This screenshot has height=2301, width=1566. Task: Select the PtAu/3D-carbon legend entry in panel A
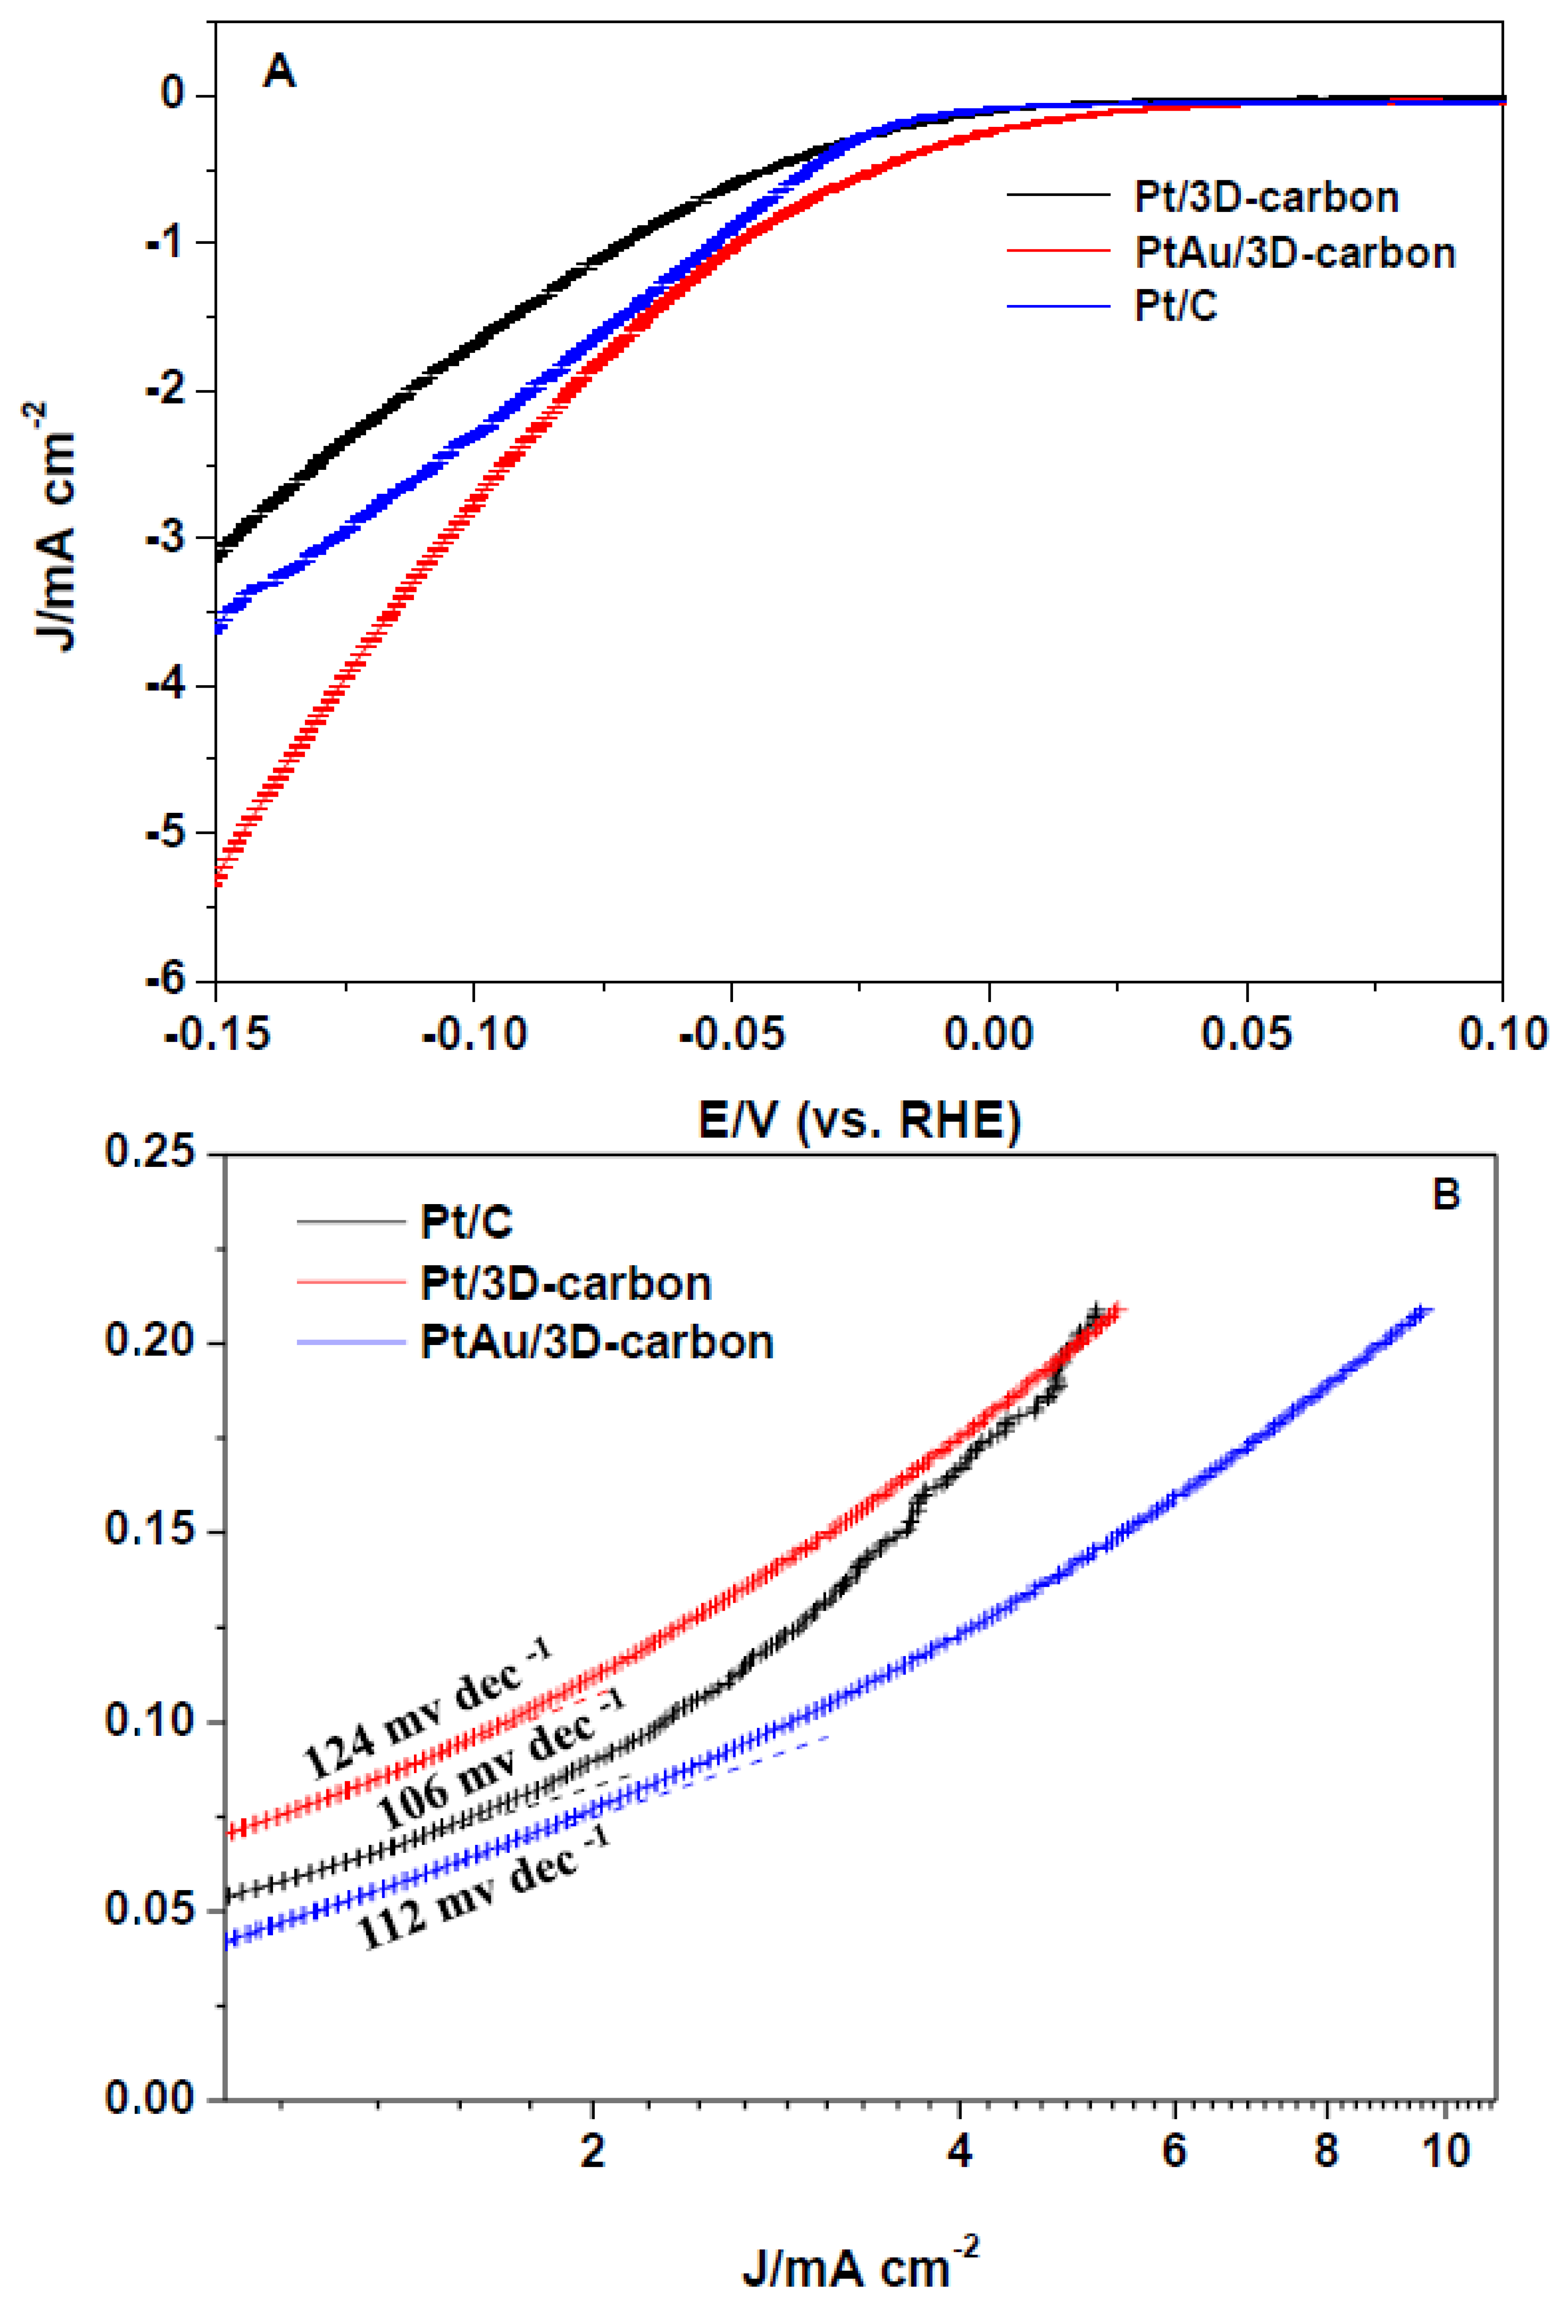(1294, 253)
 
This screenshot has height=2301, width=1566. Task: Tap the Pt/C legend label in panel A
(1175, 307)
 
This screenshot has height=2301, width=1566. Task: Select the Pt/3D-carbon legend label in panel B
(565, 1284)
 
